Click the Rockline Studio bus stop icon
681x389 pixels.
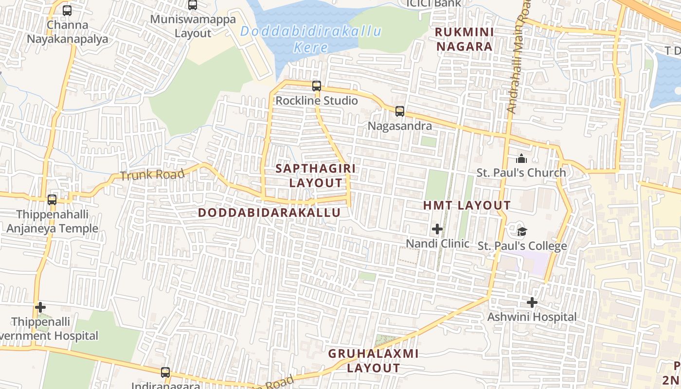point(317,86)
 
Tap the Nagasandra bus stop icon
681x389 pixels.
point(400,111)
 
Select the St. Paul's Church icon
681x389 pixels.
point(521,159)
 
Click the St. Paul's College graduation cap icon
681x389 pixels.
point(522,231)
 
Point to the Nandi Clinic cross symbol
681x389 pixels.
point(437,229)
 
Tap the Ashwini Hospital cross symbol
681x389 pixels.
point(532,302)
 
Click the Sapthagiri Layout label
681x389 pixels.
point(316,176)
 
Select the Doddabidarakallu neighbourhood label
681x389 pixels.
point(269,213)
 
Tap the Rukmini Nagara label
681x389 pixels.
point(464,39)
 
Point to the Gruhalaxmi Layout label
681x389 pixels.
point(373,360)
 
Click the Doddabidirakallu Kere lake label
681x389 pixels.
point(311,39)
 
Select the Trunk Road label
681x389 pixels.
point(152,175)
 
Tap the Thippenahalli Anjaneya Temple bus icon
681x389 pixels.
point(52,199)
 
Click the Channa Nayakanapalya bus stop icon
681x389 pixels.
point(67,10)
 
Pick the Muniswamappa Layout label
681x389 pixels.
point(193,26)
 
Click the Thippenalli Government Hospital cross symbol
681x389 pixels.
point(40,307)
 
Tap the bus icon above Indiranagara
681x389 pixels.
point(165,372)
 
